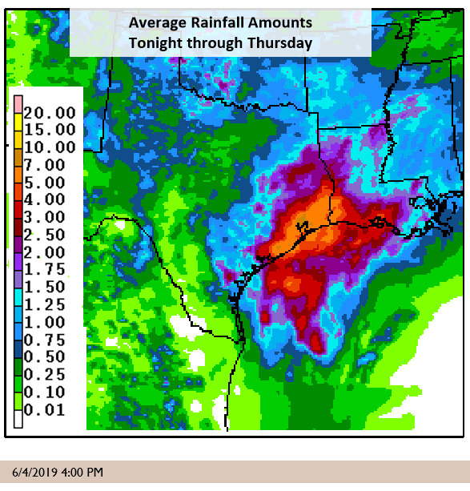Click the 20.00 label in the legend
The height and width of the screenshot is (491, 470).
pyautogui.click(x=50, y=112)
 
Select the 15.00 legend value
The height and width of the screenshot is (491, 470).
pyautogui.click(x=50, y=130)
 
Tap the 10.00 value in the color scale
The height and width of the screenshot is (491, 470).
pyautogui.click(x=50, y=147)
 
